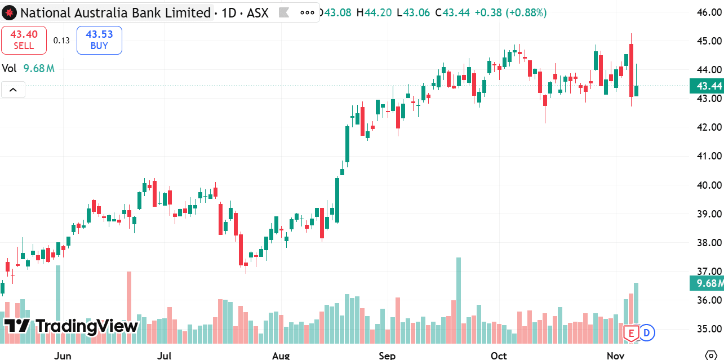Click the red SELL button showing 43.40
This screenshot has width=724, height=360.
point(24,40)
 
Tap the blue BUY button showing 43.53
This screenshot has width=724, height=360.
point(99,40)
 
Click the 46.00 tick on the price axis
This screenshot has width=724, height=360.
point(709,12)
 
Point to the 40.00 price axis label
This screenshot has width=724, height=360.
point(709,185)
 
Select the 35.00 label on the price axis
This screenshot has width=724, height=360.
point(709,329)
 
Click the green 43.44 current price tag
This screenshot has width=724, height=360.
point(708,86)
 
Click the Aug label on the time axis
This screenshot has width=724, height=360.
point(281,355)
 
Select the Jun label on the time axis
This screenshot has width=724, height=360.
point(63,355)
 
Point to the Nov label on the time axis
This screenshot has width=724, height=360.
point(616,355)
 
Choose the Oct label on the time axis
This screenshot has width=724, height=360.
point(499,355)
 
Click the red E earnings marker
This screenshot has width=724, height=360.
point(631,333)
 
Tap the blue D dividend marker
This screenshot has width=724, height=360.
point(646,332)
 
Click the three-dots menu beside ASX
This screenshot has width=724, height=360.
point(307,12)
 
